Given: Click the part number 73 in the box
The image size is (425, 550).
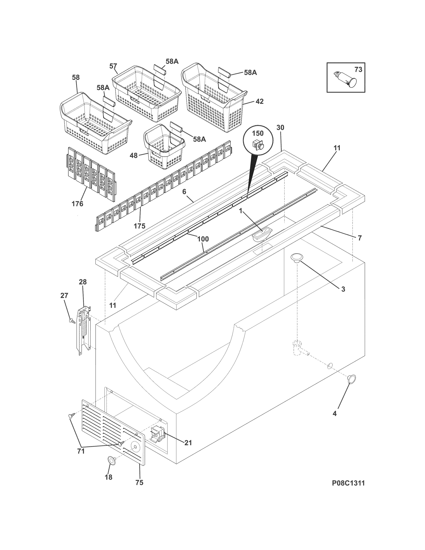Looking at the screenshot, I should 358,69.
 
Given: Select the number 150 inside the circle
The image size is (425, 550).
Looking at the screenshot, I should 258,133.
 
